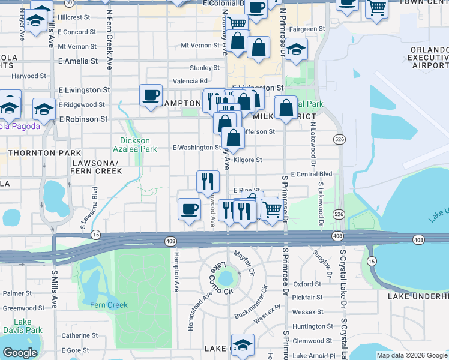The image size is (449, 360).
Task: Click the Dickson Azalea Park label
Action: click(135, 144)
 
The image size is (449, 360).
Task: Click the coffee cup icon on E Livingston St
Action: click(151, 94)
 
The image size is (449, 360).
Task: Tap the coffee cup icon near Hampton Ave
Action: click(190, 209)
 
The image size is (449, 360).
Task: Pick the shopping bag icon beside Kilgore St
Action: click(233, 137)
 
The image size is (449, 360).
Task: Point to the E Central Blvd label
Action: click(311, 174)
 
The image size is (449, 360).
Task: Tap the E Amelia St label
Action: click(78, 61)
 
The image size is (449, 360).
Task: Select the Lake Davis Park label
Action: click(22, 326)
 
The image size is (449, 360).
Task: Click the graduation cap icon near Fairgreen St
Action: click(295, 49)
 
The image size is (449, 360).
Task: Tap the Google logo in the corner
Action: click(20, 353)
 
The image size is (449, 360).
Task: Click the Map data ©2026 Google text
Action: click(412, 355)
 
